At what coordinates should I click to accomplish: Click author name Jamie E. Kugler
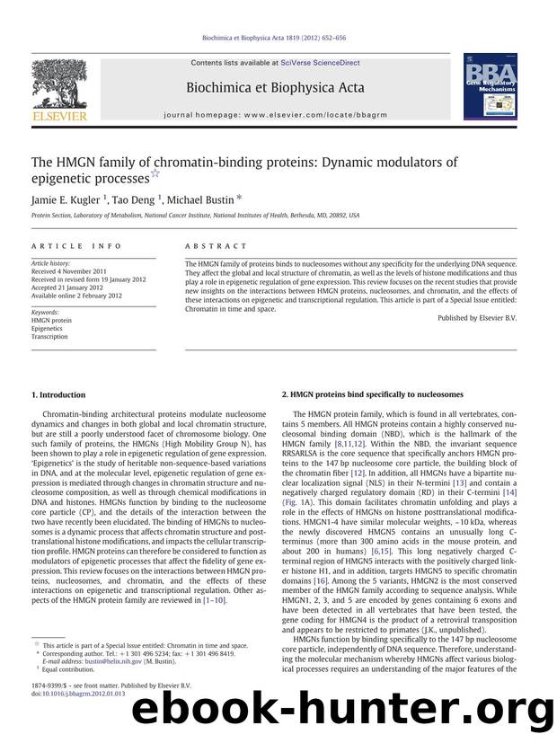(x=66, y=197)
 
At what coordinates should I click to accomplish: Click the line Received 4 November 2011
(x=69, y=270)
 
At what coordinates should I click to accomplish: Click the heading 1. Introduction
(x=58, y=394)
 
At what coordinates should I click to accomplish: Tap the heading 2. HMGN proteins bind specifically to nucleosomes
(x=372, y=394)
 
